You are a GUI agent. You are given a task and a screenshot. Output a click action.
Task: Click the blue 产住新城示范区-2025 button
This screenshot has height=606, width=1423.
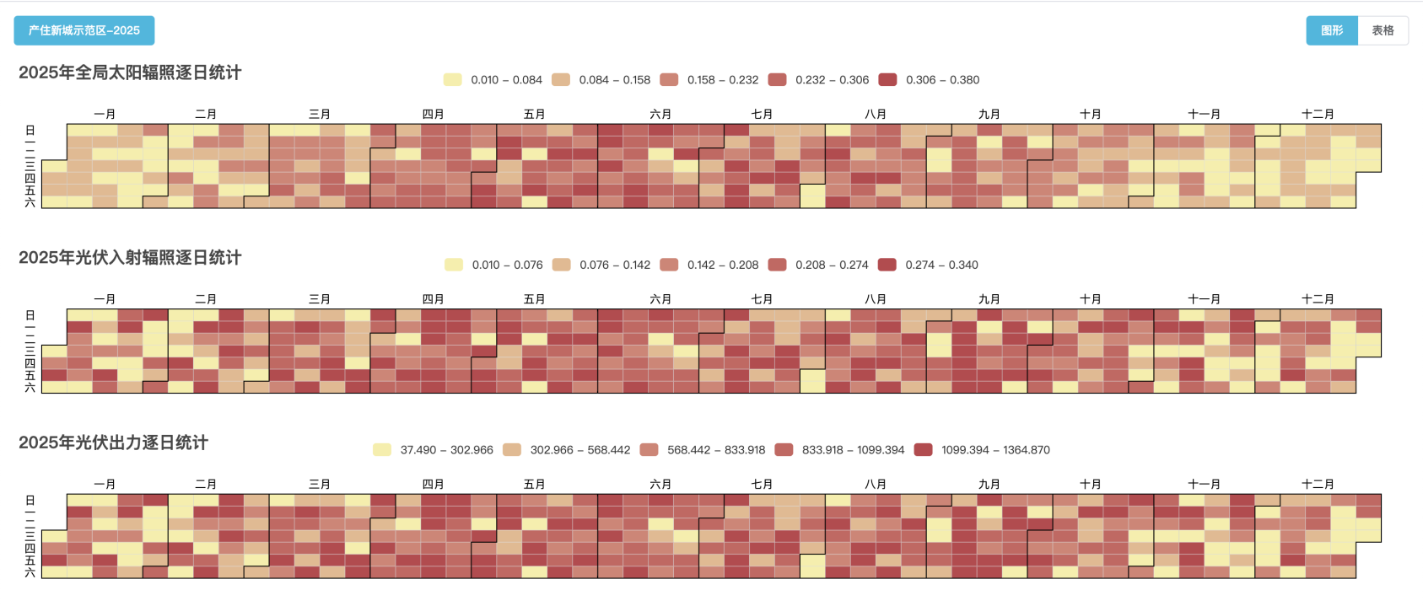point(84,30)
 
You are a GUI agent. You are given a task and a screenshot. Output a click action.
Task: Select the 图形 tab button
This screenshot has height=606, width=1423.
point(1332,30)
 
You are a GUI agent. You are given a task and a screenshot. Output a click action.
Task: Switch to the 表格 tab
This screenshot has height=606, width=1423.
point(1383,30)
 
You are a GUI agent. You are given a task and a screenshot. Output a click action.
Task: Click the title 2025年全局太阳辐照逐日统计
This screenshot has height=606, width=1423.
point(130,72)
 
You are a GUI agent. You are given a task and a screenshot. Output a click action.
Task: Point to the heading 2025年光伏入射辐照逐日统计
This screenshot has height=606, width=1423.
point(130,258)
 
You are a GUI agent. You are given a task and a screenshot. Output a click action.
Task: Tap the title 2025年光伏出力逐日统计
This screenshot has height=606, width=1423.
point(113,442)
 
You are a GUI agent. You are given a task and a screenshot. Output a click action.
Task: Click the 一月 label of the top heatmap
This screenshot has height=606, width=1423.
point(105,115)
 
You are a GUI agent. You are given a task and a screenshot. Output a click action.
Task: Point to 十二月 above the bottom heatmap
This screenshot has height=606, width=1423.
point(1318,485)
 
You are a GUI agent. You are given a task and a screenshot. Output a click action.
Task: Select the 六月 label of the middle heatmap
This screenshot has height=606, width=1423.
point(660,299)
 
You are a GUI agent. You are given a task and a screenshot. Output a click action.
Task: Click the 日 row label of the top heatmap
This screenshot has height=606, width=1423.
point(30,131)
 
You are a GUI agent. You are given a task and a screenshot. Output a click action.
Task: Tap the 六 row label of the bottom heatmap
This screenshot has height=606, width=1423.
point(30,572)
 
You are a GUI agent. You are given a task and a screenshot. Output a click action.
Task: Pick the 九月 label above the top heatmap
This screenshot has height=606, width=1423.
point(989,115)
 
